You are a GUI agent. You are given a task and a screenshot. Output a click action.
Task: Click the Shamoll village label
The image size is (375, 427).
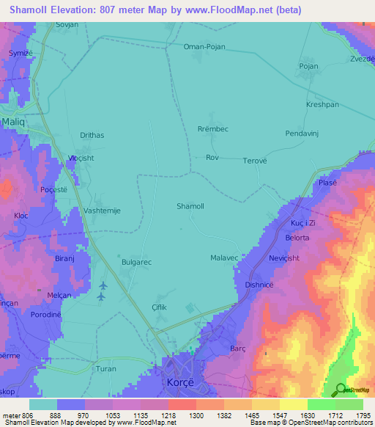tap(190, 206)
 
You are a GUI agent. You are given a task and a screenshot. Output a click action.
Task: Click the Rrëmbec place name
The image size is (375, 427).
tap(213, 130)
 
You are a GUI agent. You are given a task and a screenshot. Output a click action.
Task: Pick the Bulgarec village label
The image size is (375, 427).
tap(135, 261)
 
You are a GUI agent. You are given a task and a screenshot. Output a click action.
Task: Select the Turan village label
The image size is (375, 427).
tap(106, 368)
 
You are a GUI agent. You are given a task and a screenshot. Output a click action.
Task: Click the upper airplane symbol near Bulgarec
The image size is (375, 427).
tap(103, 285)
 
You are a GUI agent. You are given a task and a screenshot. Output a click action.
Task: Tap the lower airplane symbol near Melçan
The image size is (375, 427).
tap(101, 296)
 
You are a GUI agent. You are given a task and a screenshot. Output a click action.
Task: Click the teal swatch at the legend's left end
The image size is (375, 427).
tap(43, 404)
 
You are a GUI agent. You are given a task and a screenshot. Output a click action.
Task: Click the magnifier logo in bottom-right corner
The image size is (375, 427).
tap(341, 389)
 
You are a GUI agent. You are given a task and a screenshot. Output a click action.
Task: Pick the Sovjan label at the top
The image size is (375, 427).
tap(67, 24)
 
